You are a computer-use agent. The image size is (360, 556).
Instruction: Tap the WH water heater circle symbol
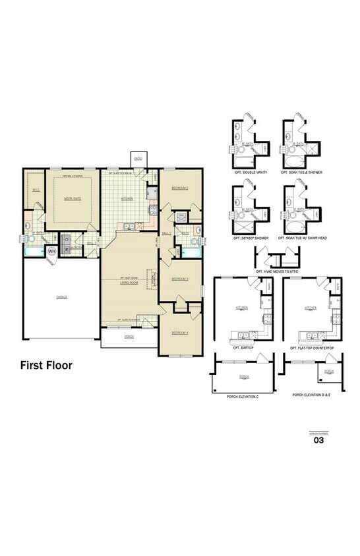coord(52,250)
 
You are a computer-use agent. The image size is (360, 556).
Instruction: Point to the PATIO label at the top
coord(138,158)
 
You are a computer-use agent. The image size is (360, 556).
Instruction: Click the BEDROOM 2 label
coord(180,188)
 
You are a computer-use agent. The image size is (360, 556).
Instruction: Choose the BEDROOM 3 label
coord(180,279)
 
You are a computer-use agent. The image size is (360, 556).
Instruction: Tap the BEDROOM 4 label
coord(180,333)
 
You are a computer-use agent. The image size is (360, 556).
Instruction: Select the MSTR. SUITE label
coord(72,198)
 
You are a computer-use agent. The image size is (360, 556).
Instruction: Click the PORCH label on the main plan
coord(129,335)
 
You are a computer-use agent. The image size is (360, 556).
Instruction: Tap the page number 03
coord(318,441)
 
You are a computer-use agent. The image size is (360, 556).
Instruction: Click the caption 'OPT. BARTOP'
coord(243,348)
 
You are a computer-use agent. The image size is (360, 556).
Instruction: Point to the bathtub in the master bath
coord(32,251)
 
